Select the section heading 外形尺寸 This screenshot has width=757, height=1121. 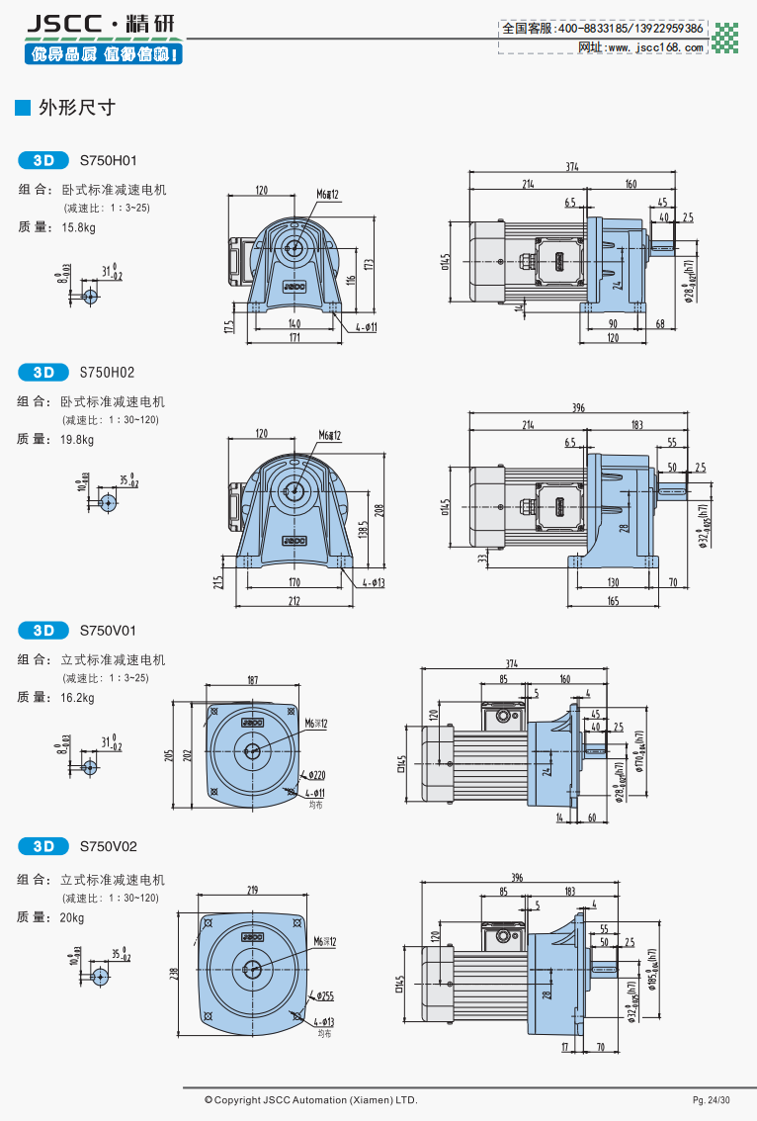(x=76, y=108)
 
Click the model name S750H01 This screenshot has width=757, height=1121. (x=108, y=160)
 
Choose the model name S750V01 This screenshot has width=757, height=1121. (x=108, y=630)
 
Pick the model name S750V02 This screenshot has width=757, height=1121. (x=108, y=846)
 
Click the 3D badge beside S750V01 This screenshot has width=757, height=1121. (x=42, y=630)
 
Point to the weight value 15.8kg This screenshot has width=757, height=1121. (x=78, y=227)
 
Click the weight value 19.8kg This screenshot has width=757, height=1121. (x=78, y=440)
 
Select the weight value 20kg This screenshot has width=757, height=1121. (x=72, y=917)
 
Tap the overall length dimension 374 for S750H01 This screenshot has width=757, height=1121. (x=572, y=167)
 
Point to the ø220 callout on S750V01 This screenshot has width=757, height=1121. (x=317, y=775)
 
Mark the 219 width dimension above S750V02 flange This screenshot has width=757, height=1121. (x=252, y=891)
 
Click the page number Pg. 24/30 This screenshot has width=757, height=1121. (x=712, y=1100)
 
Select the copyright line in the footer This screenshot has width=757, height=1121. (x=311, y=1100)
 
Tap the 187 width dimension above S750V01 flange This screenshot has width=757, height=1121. (x=252, y=680)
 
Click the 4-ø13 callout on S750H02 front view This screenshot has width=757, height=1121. (x=372, y=583)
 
